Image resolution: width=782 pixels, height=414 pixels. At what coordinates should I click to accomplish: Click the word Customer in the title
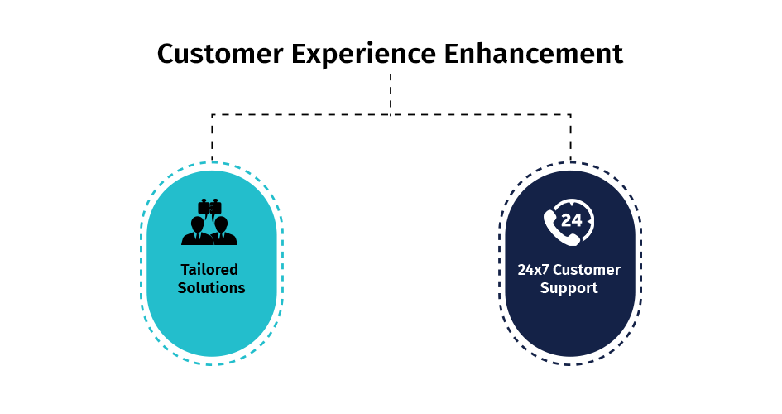(x=220, y=53)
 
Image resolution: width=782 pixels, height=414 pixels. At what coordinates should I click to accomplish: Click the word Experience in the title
(x=363, y=55)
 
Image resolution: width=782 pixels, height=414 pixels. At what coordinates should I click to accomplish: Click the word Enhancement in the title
(x=534, y=53)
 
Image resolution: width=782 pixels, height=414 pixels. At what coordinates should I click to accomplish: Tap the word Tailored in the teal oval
(x=209, y=269)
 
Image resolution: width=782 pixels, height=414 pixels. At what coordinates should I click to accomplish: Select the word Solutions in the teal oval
(x=212, y=288)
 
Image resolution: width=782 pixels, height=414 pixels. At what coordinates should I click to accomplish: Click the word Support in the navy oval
(x=569, y=289)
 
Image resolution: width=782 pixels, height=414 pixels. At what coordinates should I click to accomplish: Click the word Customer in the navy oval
(x=587, y=270)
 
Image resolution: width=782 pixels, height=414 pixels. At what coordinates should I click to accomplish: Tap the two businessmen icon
(x=209, y=222)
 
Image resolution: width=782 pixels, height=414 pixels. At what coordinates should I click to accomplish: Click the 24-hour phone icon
(x=569, y=223)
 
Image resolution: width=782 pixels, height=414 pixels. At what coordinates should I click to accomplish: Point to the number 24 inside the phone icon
(x=572, y=220)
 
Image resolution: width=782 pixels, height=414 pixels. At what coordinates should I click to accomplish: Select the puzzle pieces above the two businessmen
(x=210, y=207)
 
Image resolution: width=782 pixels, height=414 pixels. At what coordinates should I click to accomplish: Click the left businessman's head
(x=198, y=224)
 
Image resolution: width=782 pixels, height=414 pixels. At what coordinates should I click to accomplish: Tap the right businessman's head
(x=221, y=224)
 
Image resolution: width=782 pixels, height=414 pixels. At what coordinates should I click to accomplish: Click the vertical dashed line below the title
(x=391, y=94)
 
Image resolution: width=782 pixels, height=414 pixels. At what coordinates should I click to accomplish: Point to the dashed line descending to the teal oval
(x=212, y=137)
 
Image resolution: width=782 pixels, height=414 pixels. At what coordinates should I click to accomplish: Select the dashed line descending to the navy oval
(x=570, y=137)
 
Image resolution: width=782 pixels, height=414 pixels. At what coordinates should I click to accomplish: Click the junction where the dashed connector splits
(x=391, y=115)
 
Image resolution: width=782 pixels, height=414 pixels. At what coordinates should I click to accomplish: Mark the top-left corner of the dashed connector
(x=212, y=115)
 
